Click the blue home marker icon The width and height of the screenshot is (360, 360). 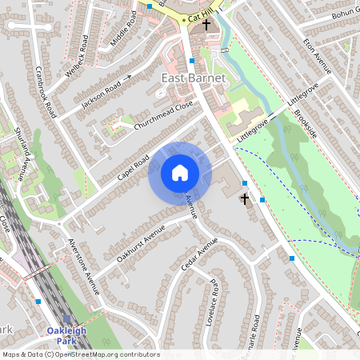click(179, 172)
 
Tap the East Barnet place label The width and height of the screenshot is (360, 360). click(194, 78)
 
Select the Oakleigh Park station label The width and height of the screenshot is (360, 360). click(66, 335)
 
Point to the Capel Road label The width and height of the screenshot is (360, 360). click(131, 166)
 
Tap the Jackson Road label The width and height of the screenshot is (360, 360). click(101, 93)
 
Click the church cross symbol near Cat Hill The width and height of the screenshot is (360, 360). click(206, 25)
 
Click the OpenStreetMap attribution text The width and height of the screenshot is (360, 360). click(81, 354)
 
